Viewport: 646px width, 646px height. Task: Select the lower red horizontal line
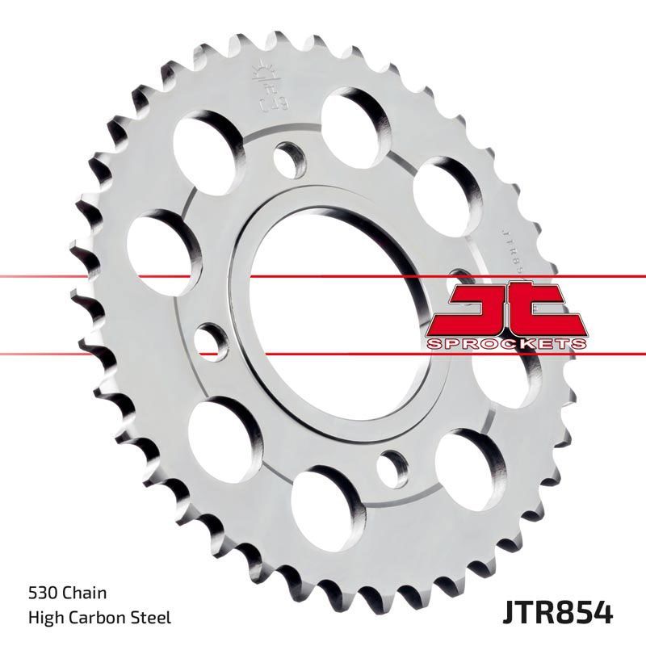(x=121, y=354)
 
